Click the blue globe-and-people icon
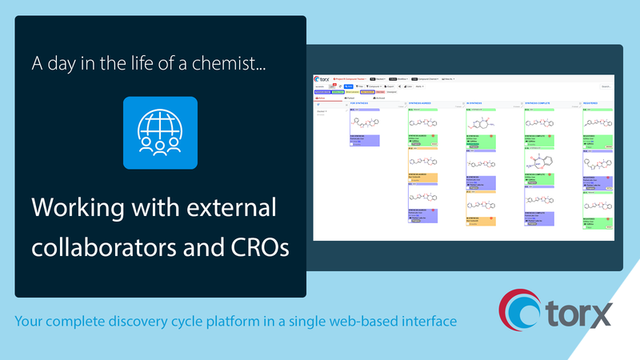click(160, 133)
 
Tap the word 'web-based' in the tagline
click(374, 322)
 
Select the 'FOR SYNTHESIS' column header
click(365, 103)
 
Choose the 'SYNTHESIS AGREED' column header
click(425, 103)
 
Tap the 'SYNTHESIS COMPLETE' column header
click(542, 103)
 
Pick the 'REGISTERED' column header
click(596, 103)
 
